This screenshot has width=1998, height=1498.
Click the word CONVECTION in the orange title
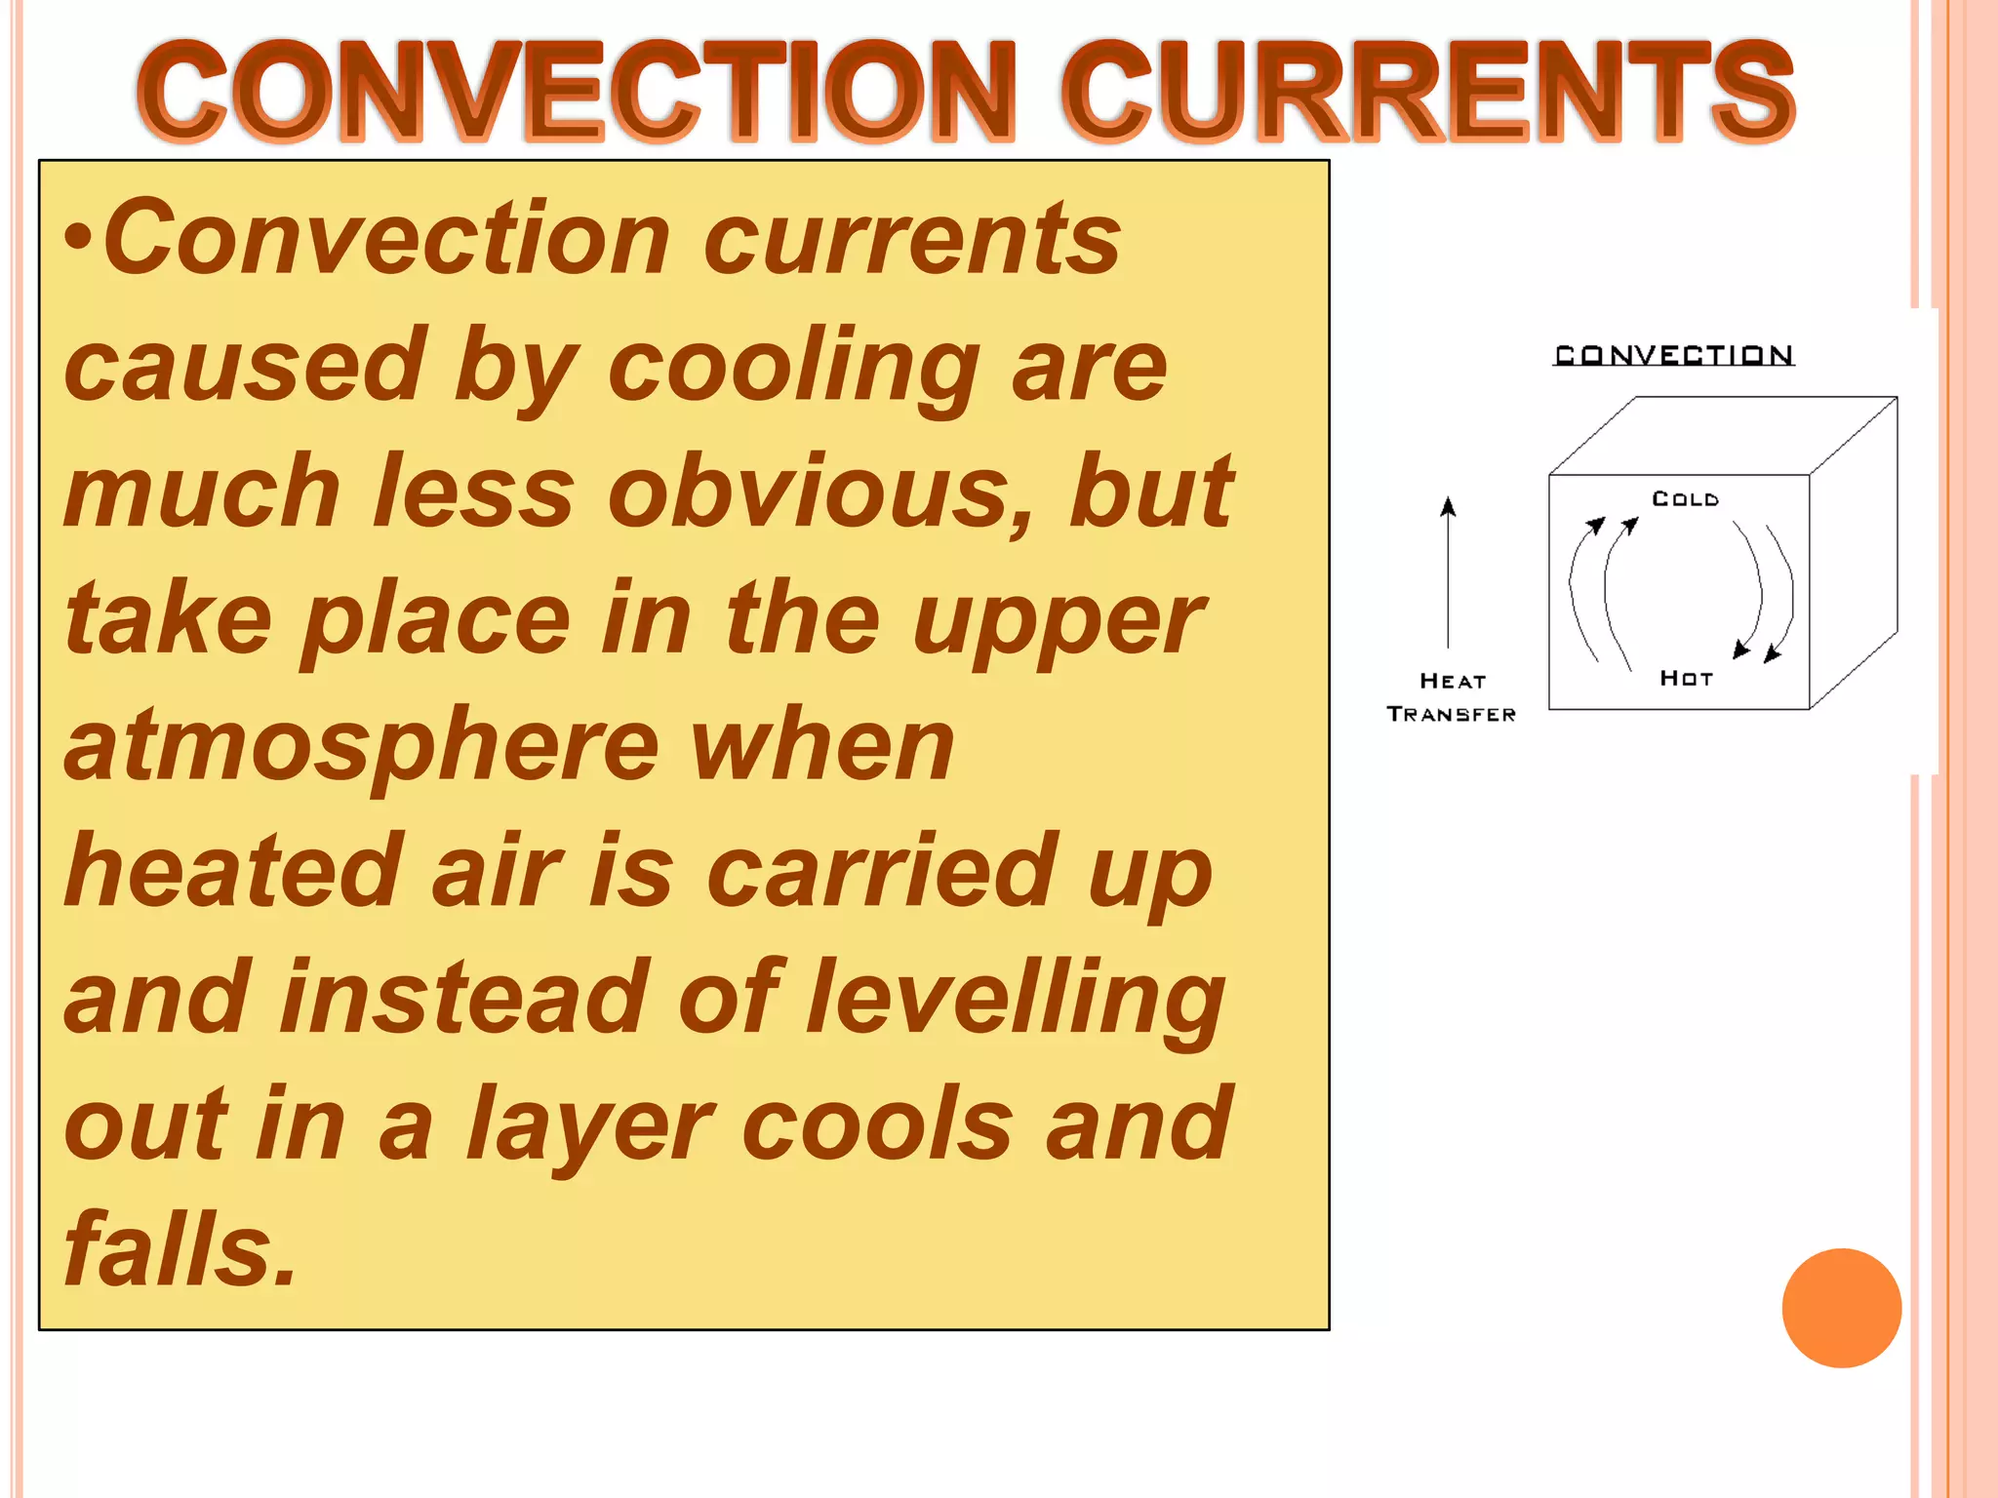click(576, 93)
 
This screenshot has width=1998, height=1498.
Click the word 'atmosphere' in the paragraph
click(361, 746)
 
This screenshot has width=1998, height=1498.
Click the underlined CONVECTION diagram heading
click(1674, 355)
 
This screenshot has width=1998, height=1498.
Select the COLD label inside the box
click(1685, 499)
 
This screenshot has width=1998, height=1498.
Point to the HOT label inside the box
click(1686, 679)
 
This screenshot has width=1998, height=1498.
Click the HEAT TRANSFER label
click(1452, 697)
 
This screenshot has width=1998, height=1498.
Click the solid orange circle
click(1841, 1308)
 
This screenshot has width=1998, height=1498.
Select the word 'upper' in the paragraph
click(1059, 619)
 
